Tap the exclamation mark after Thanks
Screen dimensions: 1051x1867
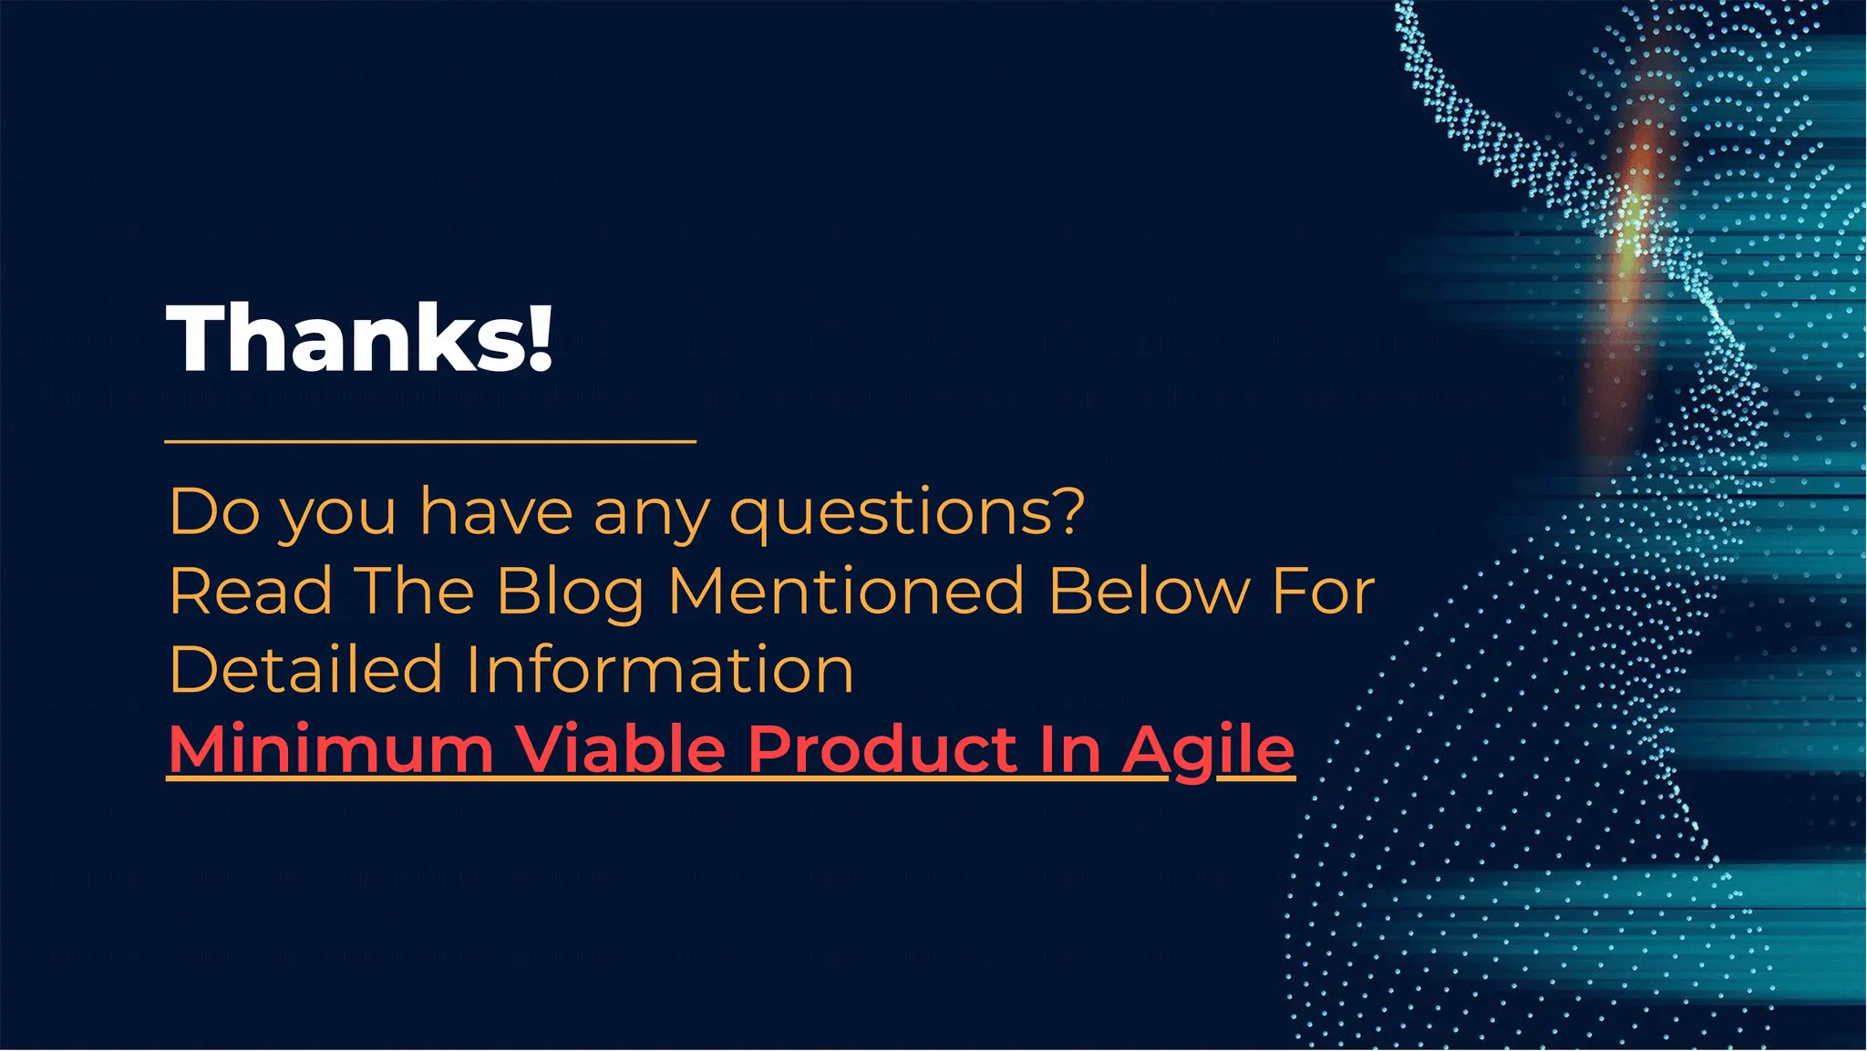pyautogui.click(x=540, y=338)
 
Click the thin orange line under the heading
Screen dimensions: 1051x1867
pyautogui.click(x=430, y=441)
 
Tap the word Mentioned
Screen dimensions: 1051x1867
pyautogui.click(x=847, y=591)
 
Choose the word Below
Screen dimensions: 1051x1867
pyautogui.click(x=1150, y=591)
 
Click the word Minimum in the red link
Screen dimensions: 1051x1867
pyautogui.click(x=331, y=749)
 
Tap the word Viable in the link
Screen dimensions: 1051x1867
pyautogui.click(x=620, y=749)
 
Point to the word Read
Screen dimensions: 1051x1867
pyautogui.click(x=251, y=591)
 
